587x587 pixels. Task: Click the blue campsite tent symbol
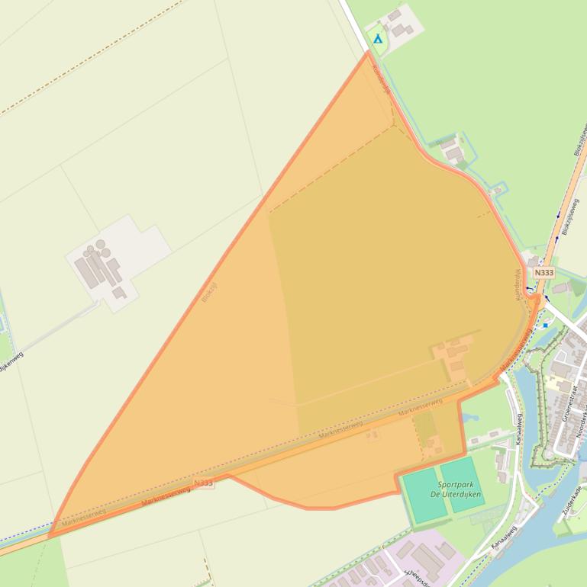(377, 37)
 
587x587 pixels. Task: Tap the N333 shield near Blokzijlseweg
(543, 272)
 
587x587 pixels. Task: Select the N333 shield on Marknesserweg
(203, 483)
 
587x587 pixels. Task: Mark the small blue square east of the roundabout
(545, 325)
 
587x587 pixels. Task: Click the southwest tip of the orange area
(50, 536)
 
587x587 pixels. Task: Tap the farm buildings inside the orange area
(453, 356)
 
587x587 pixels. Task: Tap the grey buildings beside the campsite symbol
(401, 24)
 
